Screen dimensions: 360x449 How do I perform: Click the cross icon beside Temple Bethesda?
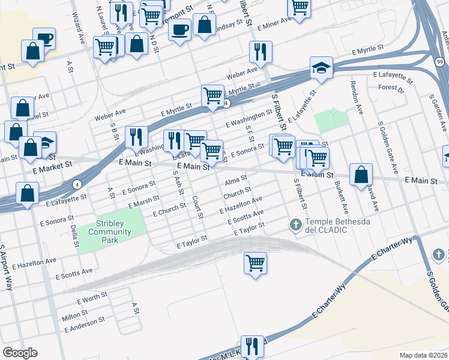295,225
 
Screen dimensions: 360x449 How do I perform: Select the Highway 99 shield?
441,62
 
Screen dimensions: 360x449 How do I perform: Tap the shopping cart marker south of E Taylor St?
255,263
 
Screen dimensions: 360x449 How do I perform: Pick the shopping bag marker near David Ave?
361,175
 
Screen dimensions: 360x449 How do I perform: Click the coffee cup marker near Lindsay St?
179,29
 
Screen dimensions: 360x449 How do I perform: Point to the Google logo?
20,353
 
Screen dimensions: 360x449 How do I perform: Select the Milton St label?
75,315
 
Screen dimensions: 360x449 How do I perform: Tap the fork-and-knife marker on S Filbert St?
261,52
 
